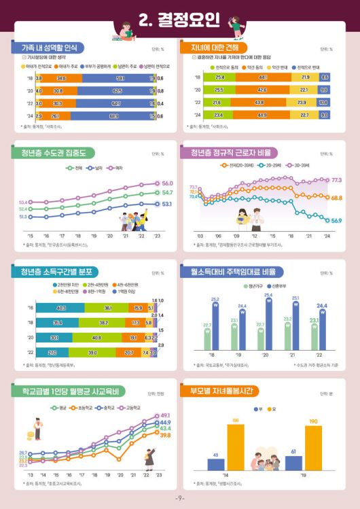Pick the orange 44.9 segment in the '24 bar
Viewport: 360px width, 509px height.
tap(262, 115)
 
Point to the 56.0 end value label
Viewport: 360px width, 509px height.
tap(168, 183)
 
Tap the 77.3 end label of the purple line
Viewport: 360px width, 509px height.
tap(337, 180)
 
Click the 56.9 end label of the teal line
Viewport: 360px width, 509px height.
tap(337, 220)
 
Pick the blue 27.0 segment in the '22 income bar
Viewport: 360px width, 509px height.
tap(53, 353)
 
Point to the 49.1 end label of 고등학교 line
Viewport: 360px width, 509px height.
tap(165, 415)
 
